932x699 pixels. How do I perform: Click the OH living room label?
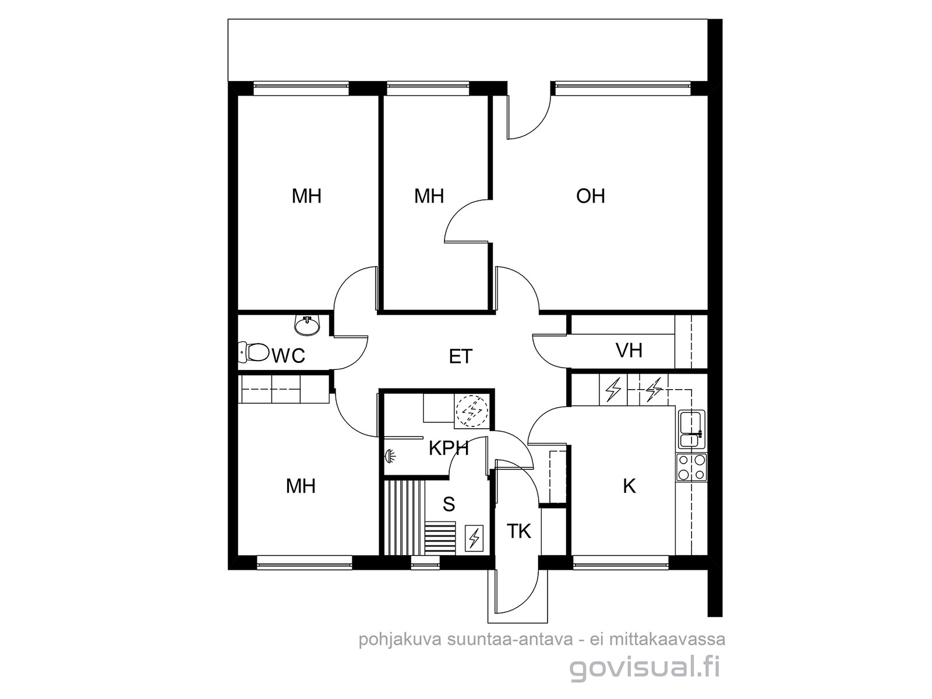tap(590, 196)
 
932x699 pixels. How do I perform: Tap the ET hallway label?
tap(461, 356)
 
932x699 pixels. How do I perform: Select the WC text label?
tap(288, 356)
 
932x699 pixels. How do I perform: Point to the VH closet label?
tap(629, 351)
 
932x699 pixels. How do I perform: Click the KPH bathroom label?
tap(449, 448)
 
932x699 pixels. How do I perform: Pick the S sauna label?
tap(449, 504)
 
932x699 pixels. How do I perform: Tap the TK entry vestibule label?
tap(519, 531)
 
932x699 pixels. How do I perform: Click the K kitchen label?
tap(629, 486)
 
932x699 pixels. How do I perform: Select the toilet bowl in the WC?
tap(253, 352)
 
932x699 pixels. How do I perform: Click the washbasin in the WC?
tap(306, 325)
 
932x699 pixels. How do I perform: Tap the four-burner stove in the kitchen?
tap(691, 467)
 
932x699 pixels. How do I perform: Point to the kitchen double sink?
tap(691, 429)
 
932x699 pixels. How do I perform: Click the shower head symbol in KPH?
tap(389, 457)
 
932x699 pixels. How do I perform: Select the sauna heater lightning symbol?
tap(474, 539)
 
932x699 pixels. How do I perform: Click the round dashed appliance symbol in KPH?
tap(472, 411)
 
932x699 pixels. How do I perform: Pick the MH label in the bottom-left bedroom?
tap(301, 486)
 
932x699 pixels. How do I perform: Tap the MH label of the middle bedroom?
tap(429, 196)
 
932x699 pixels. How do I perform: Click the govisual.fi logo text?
tap(645, 668)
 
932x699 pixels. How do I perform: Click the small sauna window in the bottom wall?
tap(425, 564)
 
